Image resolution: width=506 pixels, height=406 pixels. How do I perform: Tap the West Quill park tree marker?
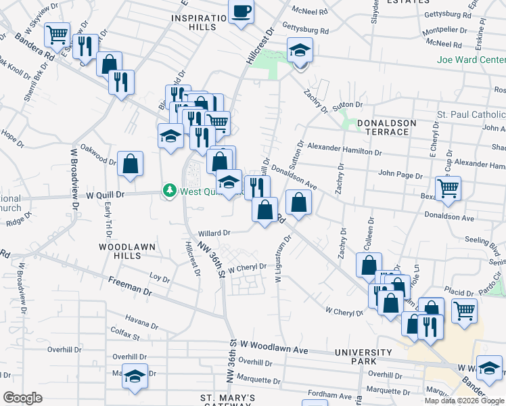coord(169,192)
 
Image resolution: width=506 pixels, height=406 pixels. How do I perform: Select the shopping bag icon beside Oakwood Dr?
coord(130,164)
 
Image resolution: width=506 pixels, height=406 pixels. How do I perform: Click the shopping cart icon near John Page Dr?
coord(448,189)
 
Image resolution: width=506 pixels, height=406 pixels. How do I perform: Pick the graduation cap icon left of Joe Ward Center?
coord(299,50)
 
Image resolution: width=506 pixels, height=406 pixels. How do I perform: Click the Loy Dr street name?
coord(159,277)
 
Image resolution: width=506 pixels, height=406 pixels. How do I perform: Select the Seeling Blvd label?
coord(485,240)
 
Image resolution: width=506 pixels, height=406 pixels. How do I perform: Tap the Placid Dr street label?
coord(460,292)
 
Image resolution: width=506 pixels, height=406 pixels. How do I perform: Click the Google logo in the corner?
coord(23,398)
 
